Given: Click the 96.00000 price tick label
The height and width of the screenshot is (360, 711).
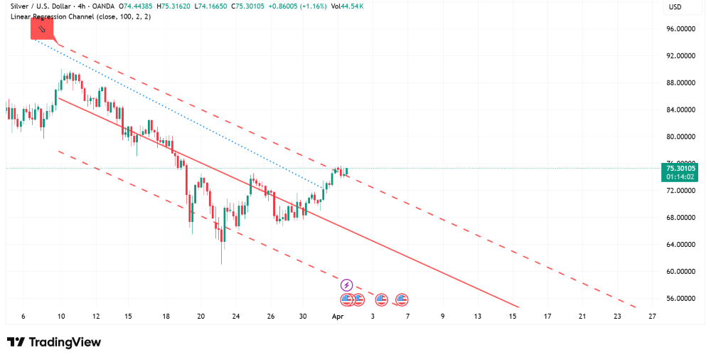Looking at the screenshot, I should point(680,29).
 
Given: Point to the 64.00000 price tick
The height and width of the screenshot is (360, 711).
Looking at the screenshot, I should point(680,245).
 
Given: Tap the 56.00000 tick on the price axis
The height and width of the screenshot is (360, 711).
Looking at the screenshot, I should point(680,299).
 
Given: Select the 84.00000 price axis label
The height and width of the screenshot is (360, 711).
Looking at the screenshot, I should point(680,110).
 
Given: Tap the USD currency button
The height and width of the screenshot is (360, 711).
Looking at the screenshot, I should point(675,7).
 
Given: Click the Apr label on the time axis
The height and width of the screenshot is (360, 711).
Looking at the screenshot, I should point(338,316).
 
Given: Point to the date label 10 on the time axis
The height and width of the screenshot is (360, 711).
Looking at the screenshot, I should point(61,316).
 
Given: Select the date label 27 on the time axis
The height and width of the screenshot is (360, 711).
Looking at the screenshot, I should point(651,316).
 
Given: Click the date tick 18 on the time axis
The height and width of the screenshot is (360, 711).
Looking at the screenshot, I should point(166,316).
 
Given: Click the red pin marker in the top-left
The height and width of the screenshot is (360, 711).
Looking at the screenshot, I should point(42,29).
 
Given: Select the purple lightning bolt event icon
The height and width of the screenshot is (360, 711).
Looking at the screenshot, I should point(347,285).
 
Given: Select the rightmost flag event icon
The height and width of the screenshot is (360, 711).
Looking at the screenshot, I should point(402,300).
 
